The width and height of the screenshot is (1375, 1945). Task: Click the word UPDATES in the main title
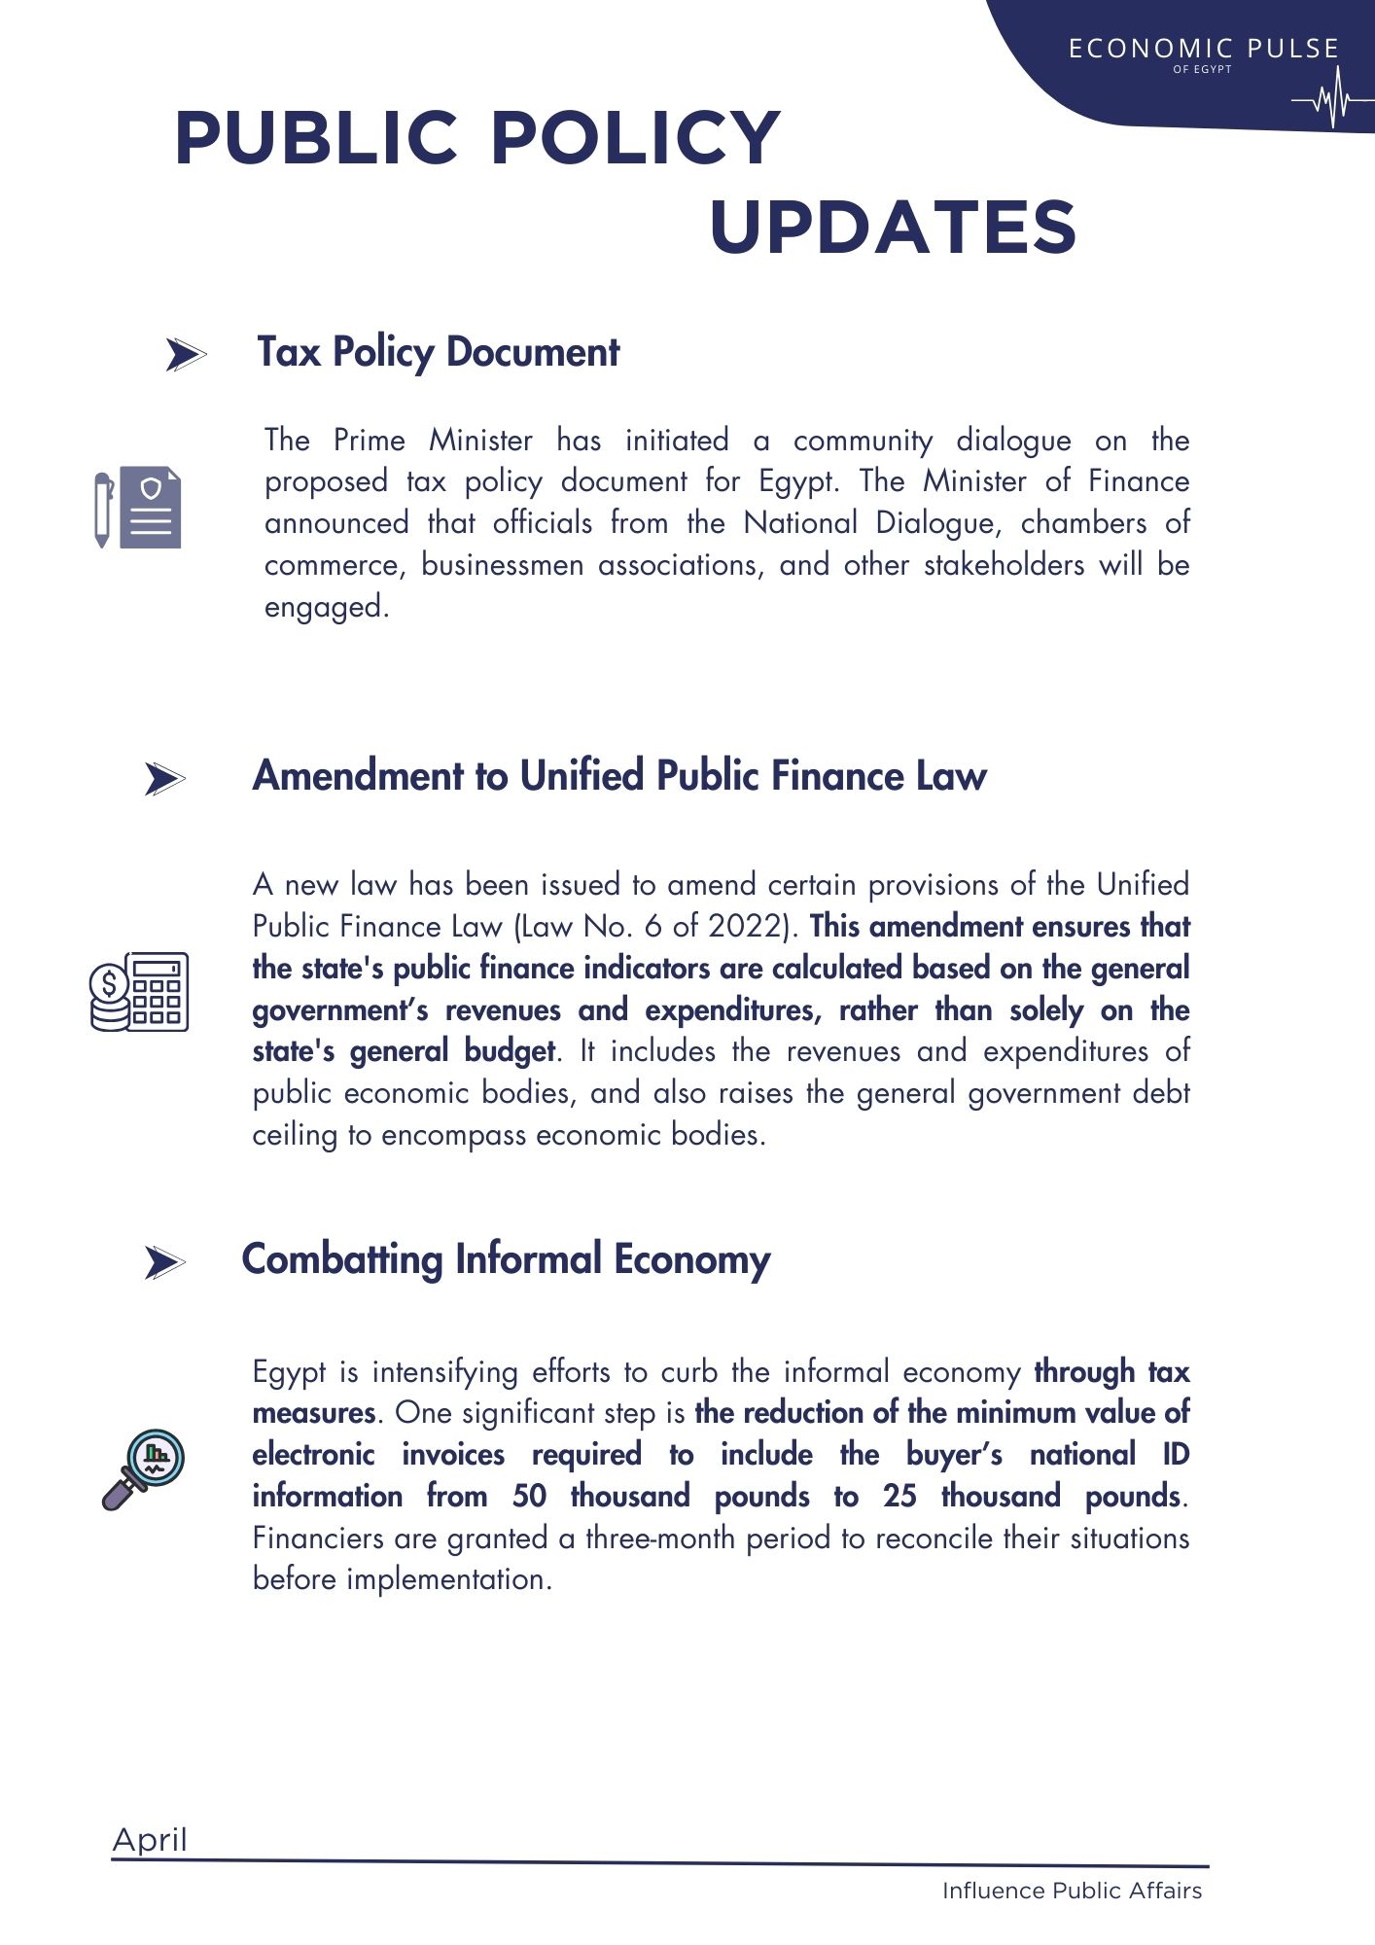[x=893, y=228]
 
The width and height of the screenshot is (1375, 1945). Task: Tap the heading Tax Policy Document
[x=438, y=352]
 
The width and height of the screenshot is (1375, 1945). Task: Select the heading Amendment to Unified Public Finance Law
[x=619, y=776]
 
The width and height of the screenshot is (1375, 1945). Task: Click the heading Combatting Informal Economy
[x=506, y=1259]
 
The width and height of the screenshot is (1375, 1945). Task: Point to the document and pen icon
[x=137, y=508]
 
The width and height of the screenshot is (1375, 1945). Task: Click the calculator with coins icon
[x=139, y=991]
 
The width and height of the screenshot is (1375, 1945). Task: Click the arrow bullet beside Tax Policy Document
[x=185, y=355]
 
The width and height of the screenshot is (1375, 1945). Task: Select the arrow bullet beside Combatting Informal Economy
[x=164, y=1263]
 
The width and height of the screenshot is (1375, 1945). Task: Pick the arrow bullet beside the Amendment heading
[x=164, y=779]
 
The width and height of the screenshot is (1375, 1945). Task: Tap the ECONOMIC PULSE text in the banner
[x=1203, y=49]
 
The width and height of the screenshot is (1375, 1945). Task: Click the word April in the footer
[x=150, y=1840]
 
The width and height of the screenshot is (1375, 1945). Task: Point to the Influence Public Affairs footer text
[x=1072, y=1891]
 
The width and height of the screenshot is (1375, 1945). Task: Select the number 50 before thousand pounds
[x=529, y=1496]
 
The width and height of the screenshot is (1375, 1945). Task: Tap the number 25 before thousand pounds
[x=899, y=1496]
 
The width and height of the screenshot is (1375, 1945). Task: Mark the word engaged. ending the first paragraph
[x=327, y=607]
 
